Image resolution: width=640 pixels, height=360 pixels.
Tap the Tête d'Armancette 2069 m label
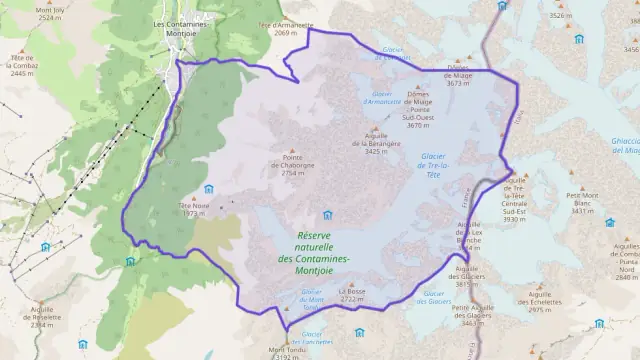(x=279, y=29)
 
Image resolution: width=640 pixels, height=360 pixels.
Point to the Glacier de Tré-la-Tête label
(x=433, y=165)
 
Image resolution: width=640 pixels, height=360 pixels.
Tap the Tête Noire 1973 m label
(x=194, y=209)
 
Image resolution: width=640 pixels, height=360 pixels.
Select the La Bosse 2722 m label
(x=352, y=294)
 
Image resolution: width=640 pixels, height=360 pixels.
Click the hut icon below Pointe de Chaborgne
(x=327, y=214)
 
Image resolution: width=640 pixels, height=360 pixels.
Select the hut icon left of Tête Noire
(x=208, y=189)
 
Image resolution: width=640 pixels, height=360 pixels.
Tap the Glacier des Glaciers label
(x=437, y=297)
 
